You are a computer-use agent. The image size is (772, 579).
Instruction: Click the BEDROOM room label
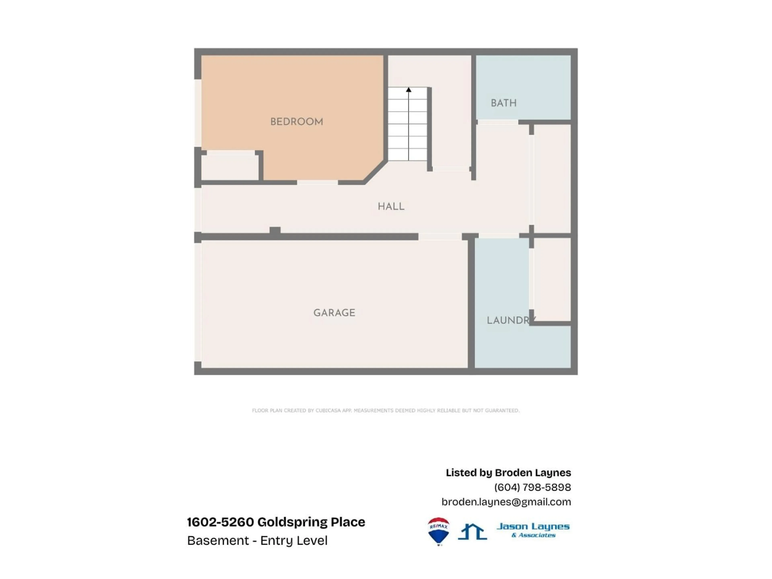pyautogui.click(x=297, y=122)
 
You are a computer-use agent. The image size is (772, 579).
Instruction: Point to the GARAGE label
pyautogui.click(x=334, y=313)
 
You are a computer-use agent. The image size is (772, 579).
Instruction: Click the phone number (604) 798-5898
pyautogui.click(x=532, y=487)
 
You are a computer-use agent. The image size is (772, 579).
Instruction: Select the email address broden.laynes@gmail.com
pyautogui.click(x=506, y=502)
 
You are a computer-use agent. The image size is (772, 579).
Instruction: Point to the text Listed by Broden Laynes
pyautogui.click(x=508, y=473)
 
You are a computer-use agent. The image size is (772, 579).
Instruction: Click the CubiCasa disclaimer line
pyautogui.click(x=386, y=411)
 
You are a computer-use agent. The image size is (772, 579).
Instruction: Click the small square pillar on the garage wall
pyautogui.click(x=275, y=231)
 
